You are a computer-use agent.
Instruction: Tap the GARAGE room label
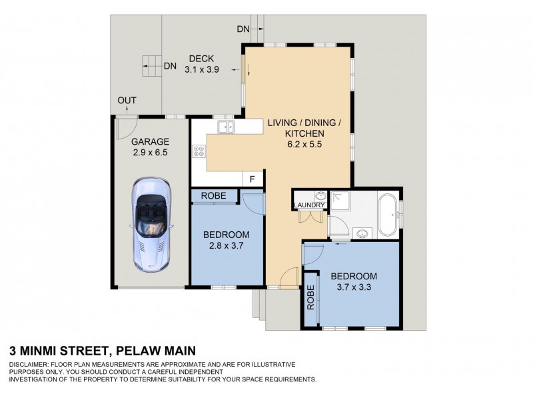pyautogui.click(x=150, y=142)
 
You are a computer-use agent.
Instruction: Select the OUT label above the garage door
pyautogui.click(x=127, y=101)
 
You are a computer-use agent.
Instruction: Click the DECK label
pyautogui.click(x=200, y=57)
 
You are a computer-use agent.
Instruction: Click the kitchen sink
pyautogui.click(x=225, y=126)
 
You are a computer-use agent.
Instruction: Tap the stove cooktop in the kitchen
pyautogui.click(x=199, y=151)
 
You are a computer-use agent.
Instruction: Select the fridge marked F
pyautogui.click(x=253, y=179)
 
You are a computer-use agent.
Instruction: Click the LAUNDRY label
pyautogui.click(x=308, y=205)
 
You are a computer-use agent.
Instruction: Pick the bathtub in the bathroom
pyautogui.click(x=386, y=215)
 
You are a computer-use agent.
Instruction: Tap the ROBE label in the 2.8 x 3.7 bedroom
pyautogui.click(x=214, y=196)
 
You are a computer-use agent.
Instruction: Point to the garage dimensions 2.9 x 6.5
pyautogui.click(x=150, y=153)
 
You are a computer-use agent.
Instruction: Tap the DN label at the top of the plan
pyautogui.click(x=243, y=29)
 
